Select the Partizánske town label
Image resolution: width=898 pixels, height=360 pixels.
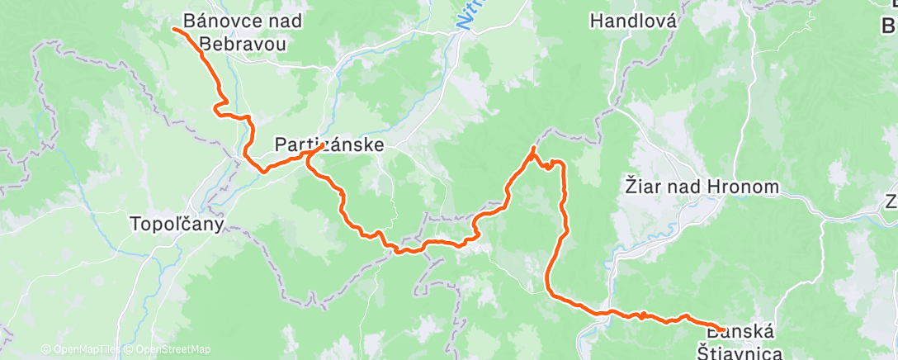pos(328,145)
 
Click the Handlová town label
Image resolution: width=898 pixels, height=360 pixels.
pos(633,21)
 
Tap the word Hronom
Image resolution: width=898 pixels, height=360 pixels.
pos(745,187)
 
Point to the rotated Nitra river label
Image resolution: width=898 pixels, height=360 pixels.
pos(468,17)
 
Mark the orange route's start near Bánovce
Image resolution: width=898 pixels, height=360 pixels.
pos(175,29)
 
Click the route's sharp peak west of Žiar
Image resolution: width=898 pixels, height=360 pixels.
pos(533,148)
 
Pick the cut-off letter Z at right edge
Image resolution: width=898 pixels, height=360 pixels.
pos(891,201)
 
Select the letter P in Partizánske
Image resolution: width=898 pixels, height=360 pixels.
pos(279,145)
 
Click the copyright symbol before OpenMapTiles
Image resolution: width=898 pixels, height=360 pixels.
pos(45,349)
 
